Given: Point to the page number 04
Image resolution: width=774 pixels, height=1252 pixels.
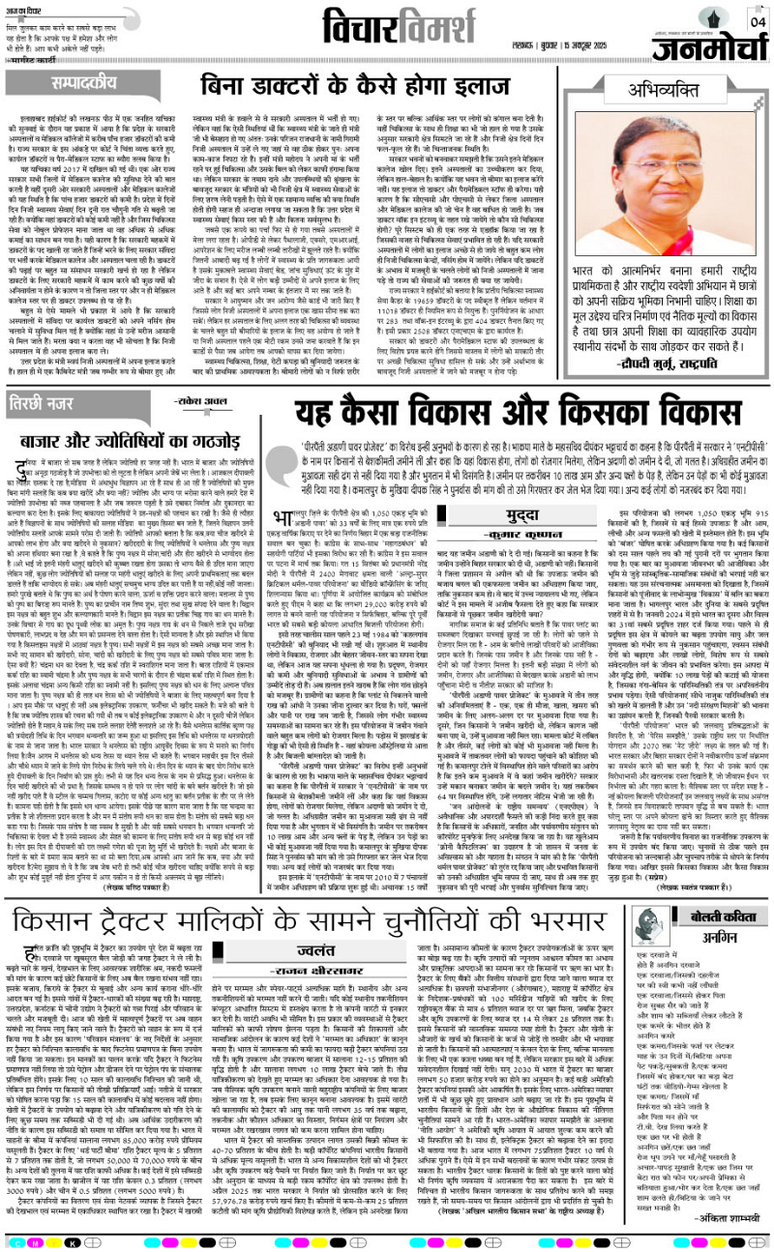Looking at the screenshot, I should click(758, 19).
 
